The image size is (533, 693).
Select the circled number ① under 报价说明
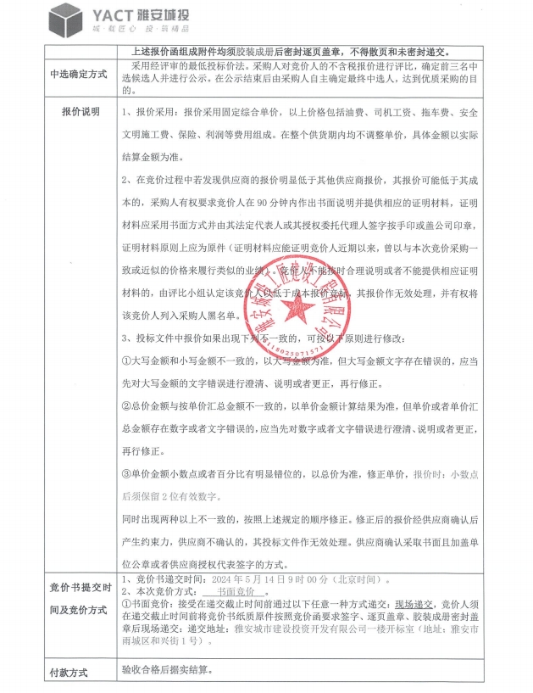[x=126, y=360]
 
